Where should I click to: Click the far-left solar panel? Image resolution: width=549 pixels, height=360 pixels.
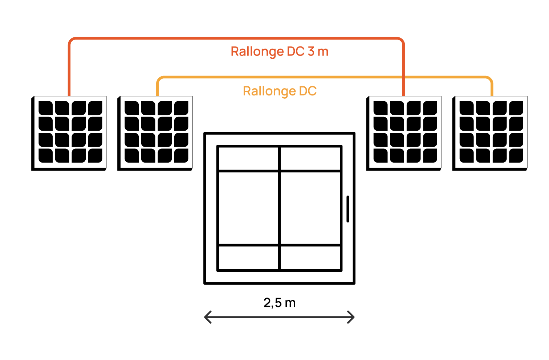pyautogui.click(x=69, y=133)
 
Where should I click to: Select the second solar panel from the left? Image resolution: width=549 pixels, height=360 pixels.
pyautogui.click(x=155, y=133)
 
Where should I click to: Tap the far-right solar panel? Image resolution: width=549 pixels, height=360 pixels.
pyautogui.click(x=490, y=133)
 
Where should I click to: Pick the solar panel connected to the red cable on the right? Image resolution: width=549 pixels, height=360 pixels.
pyautogui.click(x=404, y=133)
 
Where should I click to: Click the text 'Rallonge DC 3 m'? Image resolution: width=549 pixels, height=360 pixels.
pyautogui.click(x=279, y=52)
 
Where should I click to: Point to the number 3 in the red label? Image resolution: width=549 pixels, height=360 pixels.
pyautogui.click(x=311, y=52)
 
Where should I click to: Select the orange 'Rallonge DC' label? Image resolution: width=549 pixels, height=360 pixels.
pyautogui.click(x=280, y=91)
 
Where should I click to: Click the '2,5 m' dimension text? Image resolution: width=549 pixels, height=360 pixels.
pyautogui.click(x=279, y=303)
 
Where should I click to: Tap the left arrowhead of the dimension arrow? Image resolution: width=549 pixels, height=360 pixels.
pyautogui.click(x=207, y=317)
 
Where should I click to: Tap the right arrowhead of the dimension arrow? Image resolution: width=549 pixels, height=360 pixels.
pyautogui.click(x=352, y=317)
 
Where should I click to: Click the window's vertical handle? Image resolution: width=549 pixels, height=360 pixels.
pyautogui.click(x=348, y=209)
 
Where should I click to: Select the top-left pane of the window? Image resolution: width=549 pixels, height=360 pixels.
pyautogui.click(x=248, y=158)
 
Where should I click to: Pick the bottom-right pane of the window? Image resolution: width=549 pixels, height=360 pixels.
pyautogui.click(x=310, y=258)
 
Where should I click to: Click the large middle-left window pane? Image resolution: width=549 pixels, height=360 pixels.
pyautogui.click(x=248, y=208)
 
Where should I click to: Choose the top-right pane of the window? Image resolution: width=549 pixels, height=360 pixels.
pyautogui.click(x=310, y=158)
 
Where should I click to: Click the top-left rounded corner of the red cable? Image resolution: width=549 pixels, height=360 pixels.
pyautogui.click(x=71, y=40)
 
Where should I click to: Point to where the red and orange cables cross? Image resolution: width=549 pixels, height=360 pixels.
pyautogui.click(x=403, y=77)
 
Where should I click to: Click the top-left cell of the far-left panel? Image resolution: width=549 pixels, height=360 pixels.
pyautogui.click(x=46, y=108)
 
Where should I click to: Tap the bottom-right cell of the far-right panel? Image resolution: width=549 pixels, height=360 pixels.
pyautogui.click(x=516, y=156)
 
